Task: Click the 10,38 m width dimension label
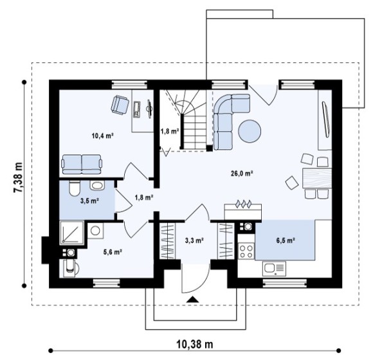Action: click(x=195, y=344)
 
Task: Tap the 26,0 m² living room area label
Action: click(x=242, y=174)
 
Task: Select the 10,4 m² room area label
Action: click(x=102, y=136)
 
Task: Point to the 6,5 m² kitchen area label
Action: click(x=286, y=240)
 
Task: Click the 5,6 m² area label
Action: click(x=113, y=252)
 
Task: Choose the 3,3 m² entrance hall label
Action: click(x=194, y=240)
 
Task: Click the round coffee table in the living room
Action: click(x=250, y=131)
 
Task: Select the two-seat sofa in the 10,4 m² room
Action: click(x=82, y=165)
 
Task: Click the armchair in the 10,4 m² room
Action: click(x=120, y=105)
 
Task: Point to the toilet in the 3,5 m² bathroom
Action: click(x=74, y=188)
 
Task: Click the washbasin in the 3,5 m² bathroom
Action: click(x=97, y=185)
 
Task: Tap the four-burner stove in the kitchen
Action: click(x=246, y=251)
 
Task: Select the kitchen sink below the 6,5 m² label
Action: click(x=274, y=269)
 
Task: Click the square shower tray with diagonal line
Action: click(x=71, y=233)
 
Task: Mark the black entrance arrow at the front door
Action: click(x=192, y=300)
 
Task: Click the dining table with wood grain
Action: click(x=317, y=178)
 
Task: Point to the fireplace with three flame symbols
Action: click(x=243, y=211)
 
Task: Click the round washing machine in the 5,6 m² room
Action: click(x=95, y=230)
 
